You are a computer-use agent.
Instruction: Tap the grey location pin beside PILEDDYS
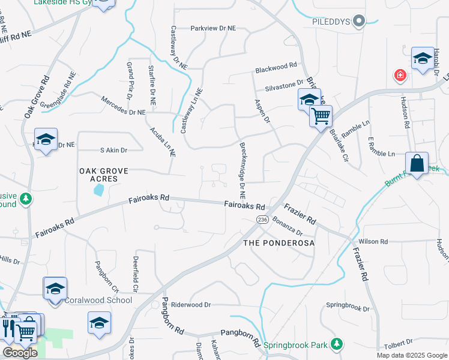[x=360, y=22]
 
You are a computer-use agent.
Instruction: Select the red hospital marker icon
[x=399, y=76]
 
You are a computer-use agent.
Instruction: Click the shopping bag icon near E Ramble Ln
[x=416, y=163]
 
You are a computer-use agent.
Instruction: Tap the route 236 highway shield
[x=262, y=220]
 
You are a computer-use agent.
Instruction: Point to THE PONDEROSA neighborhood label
[x=279, y=242]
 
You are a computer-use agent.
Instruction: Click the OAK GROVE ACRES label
[x=104, y=175]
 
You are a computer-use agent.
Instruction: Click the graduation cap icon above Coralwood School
[x=55, y=289]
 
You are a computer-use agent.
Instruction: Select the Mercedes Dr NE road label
[x=123, y=106]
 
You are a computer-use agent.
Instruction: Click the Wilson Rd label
[x=373, y=241]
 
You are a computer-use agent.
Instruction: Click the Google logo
[x=20, y=353]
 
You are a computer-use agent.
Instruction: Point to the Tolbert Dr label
[x=399, y=342]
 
